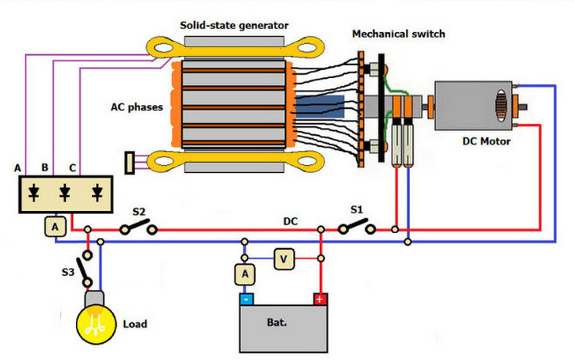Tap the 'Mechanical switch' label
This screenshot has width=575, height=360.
click(x=398, y=34)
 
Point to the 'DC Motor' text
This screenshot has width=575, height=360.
click(x=486, y=141)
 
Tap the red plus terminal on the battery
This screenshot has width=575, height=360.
click(x=320, y=299)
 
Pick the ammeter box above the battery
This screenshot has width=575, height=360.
click(x=245, y=275)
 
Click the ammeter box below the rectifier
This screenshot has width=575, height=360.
click(x=55, y=227)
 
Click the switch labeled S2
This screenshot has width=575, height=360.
click(x=139, y=229)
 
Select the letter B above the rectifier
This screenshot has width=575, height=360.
click(x=45, y=168)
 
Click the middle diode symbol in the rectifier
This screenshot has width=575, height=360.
click(x=65, y=193)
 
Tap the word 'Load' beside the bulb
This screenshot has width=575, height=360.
click(x=136, y=323)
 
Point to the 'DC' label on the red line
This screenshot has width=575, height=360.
click(x=292, y=221)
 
